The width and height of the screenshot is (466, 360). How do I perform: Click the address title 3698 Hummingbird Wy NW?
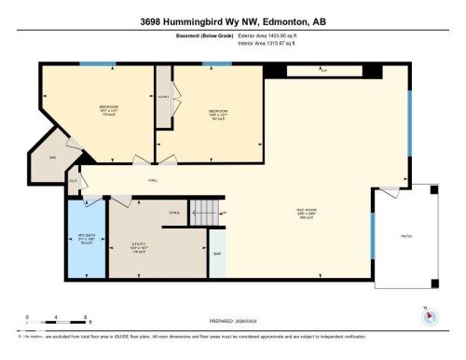coord(232,21)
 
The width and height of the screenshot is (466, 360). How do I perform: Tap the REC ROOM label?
coord(308,213)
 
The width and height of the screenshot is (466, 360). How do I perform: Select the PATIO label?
coord(406,234)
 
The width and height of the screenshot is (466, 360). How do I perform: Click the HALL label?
coord(152,180)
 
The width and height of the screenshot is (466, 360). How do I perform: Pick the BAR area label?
coord(216,254)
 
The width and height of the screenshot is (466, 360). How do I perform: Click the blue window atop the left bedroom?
coord(91,63)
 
